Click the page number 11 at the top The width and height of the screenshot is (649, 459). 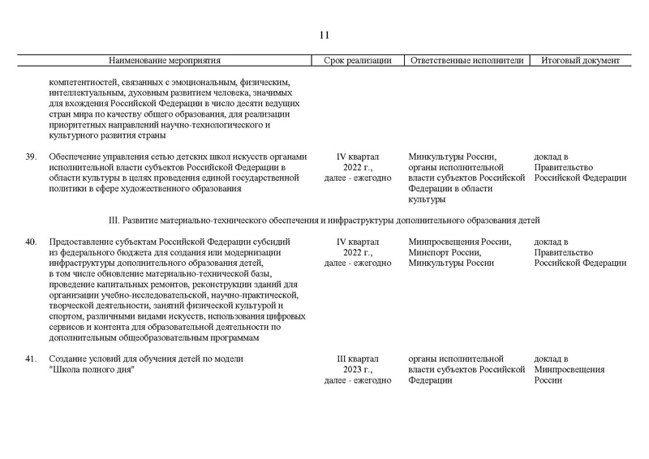pyautogui.click(x=324, y=35)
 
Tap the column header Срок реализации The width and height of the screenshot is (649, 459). pyautogui.click(x=358, y=61)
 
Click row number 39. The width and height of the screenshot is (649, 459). pyautogui.click(x=31, y=157)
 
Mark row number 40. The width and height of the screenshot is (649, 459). pyautogui.click(x=31, y=242)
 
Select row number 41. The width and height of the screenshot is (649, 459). pyautogui.click(x=31, y=359)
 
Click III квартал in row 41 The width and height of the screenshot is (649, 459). pyautogui.click(x=358, y=359)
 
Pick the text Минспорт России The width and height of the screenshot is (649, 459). pyautogui.click(x=445, y=252)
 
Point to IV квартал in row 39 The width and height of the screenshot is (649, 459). pyautogui.click(x=358, y=157)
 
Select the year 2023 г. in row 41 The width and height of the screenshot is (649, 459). pyautogui.click(x=358, y=370)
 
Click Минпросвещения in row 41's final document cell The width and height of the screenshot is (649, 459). pyautogui.click(x=569, y=370)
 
